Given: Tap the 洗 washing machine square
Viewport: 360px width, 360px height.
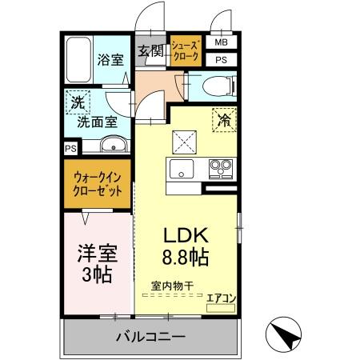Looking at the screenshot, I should pyautogui.click(x=78, y=102).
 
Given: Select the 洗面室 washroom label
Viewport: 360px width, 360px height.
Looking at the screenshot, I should pyautogui.click(x=97, y=122).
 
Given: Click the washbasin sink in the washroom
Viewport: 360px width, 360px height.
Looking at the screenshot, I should pyautogui.click(x=112, y=145).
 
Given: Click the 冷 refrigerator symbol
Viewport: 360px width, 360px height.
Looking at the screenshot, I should pyautogui.click(x=224, y=119).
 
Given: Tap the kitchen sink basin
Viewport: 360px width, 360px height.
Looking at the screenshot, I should pyautogui.click(x=179, y=168).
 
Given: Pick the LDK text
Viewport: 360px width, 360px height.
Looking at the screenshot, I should pyautogui.click(x=186, y=236).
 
